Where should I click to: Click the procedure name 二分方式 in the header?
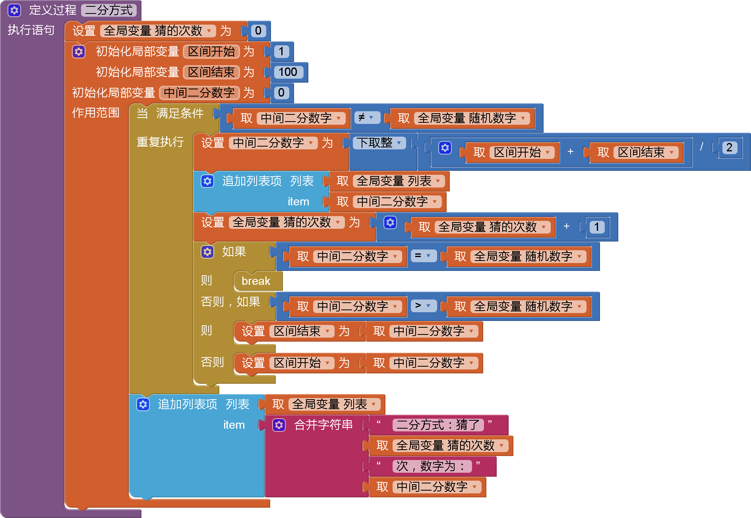(108, 10)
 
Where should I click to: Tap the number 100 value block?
(288, 72)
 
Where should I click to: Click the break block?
(256, 281)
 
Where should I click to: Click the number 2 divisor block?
(729, 147)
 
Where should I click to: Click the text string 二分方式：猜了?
(438, 425)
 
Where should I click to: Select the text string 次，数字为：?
(432, 466)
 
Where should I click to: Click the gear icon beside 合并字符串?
(279, 425)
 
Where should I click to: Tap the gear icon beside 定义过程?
(14, 10)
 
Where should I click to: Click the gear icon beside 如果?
(207, 251)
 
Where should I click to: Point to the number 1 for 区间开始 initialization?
(281, 51)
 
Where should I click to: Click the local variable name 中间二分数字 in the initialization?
(199, 93)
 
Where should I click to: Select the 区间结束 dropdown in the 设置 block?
(301, 331)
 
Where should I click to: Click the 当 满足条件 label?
(170, 113)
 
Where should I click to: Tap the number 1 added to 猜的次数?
(596, 227)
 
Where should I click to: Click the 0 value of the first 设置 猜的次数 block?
(258, 31)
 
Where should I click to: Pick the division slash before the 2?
(702, 147)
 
